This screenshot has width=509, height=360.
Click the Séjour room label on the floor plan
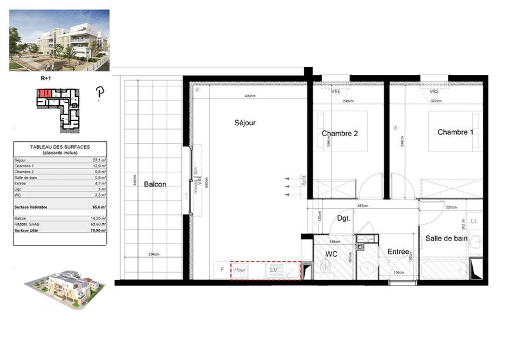pos(244,123)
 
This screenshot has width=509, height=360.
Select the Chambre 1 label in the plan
pos(455,132)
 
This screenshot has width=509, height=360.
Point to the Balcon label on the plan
pos(155,184)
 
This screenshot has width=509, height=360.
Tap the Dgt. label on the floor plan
pos(344,218)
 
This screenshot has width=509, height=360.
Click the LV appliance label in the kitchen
pos(274,270)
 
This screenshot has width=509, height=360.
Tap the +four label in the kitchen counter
pos(241,270)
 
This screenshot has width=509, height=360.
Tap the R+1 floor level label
pos(45,78)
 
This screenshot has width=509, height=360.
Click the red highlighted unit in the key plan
pos(44,93)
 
